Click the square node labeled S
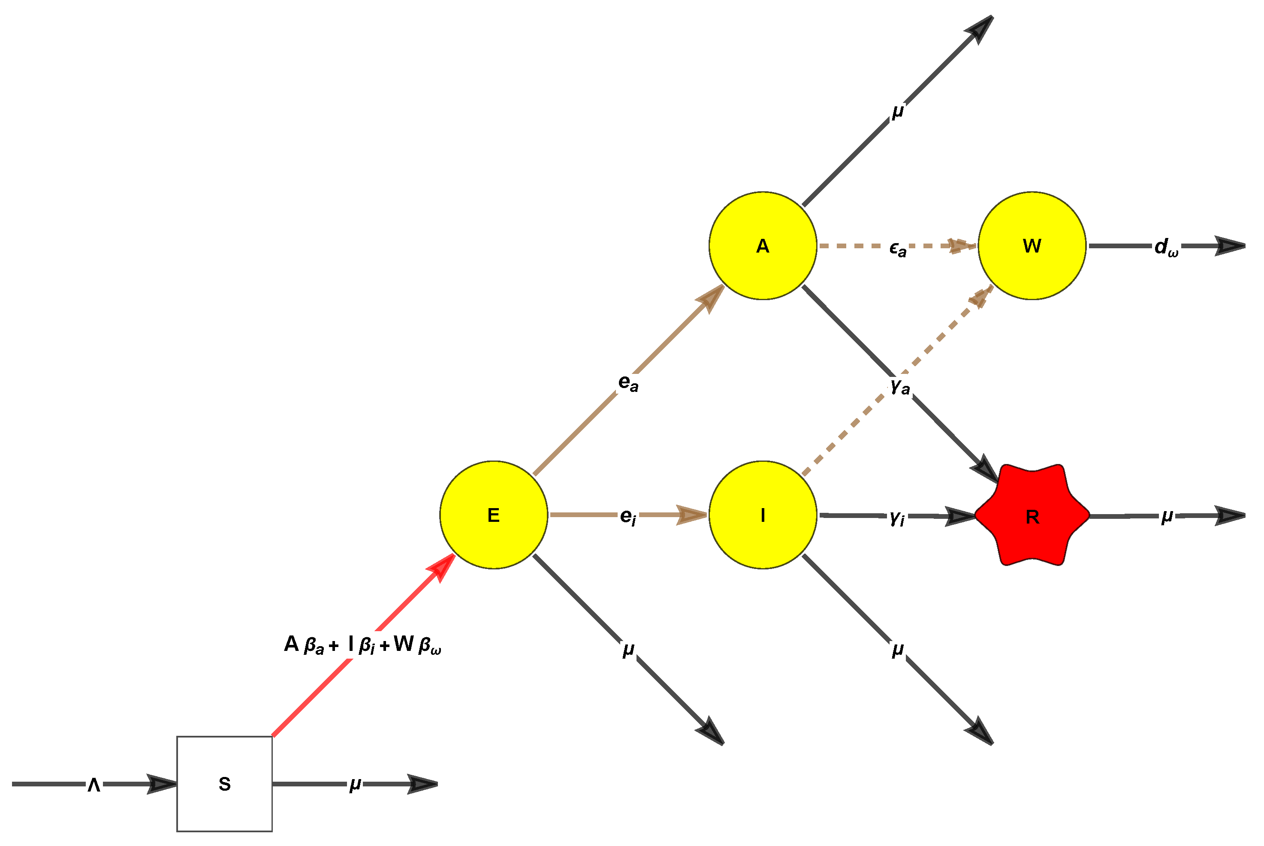pos(224,783)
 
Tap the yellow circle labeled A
pos(763,246)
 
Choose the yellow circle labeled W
pos(1032,246)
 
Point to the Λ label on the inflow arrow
pos(94,785)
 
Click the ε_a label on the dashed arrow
pos(898,248)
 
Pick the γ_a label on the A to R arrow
pos(900,386)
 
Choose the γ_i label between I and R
pos(897,518)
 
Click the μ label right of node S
pos(355,783)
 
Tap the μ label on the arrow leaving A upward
pos(898,111)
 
